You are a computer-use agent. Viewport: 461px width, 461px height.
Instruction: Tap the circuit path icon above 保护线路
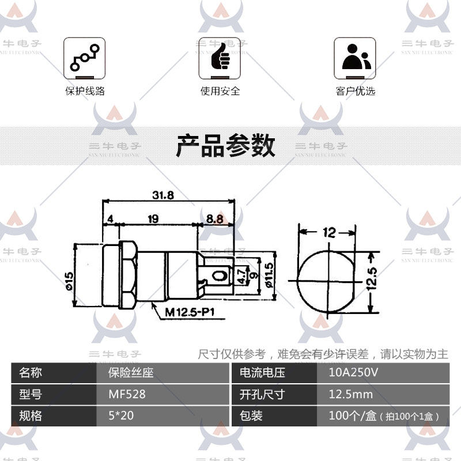(85, 59)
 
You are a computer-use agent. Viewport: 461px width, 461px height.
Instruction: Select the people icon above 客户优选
(355, 59)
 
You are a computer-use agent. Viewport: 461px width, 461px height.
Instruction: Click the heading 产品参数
(225, 146)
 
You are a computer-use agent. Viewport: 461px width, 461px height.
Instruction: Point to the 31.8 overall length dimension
(163, 195)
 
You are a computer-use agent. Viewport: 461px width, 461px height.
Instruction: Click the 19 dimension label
(153, 220)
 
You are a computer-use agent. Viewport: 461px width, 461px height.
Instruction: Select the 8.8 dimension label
(214, 220)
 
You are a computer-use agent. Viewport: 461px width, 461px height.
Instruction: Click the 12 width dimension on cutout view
(329, 233)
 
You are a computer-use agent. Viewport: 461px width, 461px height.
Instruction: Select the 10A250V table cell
(353, 372)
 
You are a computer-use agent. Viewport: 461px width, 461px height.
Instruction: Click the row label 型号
(31, 395)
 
